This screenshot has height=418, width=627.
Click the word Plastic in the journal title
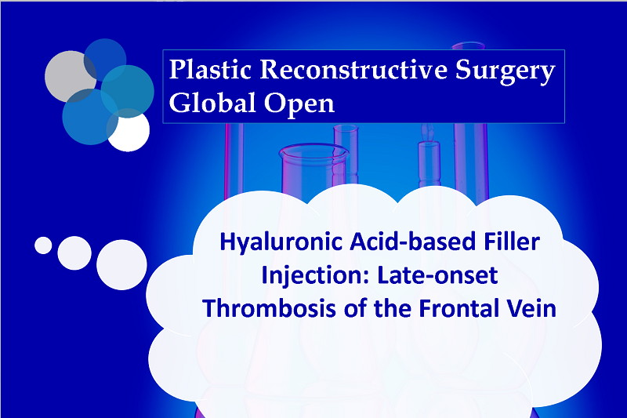[x=210, y=70]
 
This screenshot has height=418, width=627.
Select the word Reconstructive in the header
[x=353, y=70]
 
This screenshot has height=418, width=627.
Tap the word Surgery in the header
[x=506, y=72]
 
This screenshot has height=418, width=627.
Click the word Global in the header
[x=212, y=103]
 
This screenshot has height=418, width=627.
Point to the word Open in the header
[x=299, y=105]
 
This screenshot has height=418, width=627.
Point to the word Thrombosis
[x=269, y=308]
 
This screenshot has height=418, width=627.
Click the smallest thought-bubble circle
[x=43, y=245]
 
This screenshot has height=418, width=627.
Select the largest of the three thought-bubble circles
[x=121, y=265]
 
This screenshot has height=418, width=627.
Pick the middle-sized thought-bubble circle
[x=74, y=253]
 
